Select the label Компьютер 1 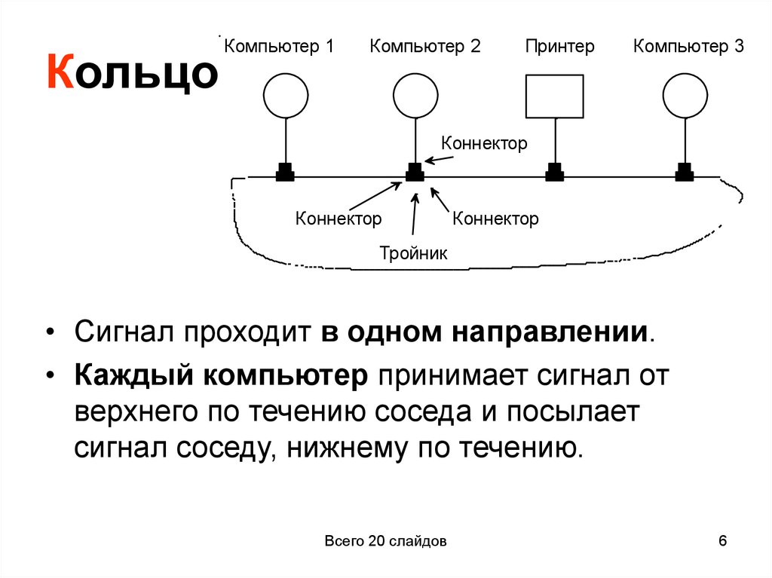click(x=278, y=47)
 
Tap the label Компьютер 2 click(x=424, y=47)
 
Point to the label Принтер click(x=560, y=47)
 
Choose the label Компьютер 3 click(x=688, y=47)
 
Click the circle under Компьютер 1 click(x=286, y=96)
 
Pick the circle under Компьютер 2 click(x=415, y=96)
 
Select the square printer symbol click(x=554, y=96)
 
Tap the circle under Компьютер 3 click(x=685, y=96)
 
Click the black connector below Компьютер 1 click(x=285, y=173)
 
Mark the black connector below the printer click(x=554, y=173)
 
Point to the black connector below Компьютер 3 click(x=685, y=173)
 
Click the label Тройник click(x=413, y=253)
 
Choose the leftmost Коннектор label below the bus click(x=339, y=219)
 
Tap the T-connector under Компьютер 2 click(x=415, y=173)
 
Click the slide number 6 click(x=723, y=541)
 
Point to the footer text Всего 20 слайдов click(x=386, y=542)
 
